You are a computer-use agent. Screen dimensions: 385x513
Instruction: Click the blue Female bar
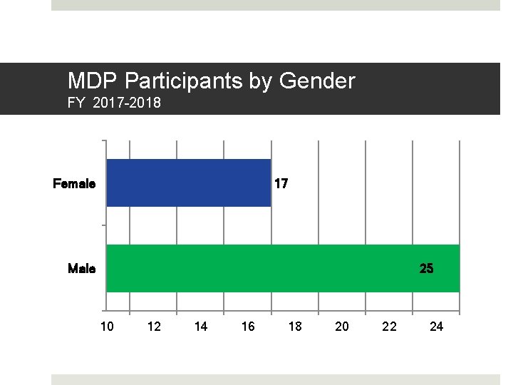tap(188, 183)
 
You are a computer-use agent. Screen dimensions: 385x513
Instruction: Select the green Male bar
tap(282, 269)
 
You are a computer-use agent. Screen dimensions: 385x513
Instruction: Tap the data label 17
tap(281, 184)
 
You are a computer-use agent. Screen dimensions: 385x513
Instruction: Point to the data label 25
tap(426, 269)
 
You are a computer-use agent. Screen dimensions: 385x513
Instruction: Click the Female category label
tap(74, 184)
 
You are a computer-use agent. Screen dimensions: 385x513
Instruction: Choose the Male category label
tap(81, 269)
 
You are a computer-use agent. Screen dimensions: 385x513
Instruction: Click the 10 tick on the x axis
tap(106, 327)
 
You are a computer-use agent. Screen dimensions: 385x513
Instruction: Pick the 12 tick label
tap(153, 327)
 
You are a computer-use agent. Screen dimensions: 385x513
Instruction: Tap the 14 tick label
tap(201, 327)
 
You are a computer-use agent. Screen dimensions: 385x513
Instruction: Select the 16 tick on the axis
tap(248, 327)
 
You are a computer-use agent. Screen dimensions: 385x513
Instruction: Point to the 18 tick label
tap(295, 327)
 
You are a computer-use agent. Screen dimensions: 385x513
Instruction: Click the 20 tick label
tap(342, 327)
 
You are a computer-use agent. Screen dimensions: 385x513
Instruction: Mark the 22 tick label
tap(389, 327)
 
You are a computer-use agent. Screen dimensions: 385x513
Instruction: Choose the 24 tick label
tap(437, 327)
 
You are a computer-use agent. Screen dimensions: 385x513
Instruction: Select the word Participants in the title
tap(181, 81)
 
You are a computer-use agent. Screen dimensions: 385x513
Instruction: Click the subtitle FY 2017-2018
tap(114, 103)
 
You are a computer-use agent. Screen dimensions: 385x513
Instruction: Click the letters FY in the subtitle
tap(76, 103)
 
